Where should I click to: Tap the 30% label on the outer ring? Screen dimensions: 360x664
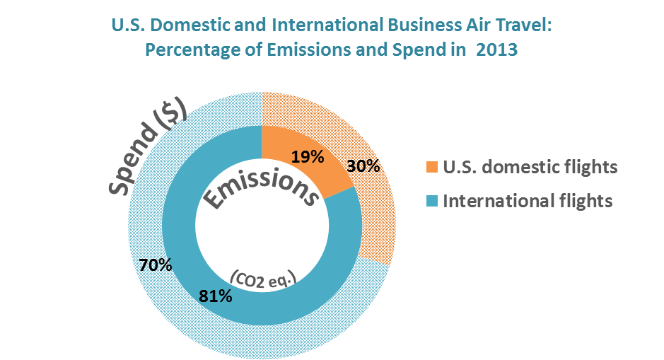(364, 167)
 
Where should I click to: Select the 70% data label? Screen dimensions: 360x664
(156, 266)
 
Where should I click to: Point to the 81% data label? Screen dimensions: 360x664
(216, 296)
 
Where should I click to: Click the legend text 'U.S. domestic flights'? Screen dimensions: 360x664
(530, 168)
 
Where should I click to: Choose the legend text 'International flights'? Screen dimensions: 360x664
(527, 202)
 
